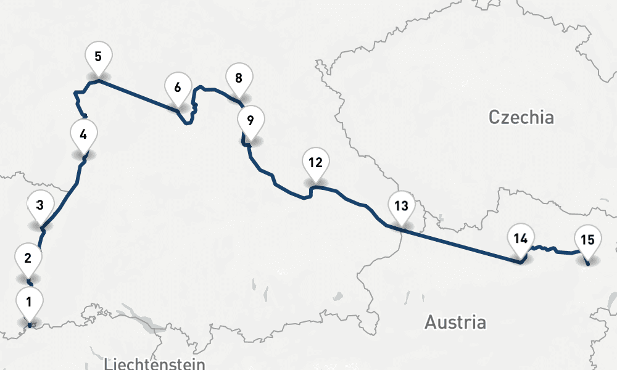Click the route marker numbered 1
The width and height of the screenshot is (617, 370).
click(28, 303)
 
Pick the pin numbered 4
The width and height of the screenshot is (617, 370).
click(84, 133)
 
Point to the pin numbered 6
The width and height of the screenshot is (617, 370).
click(178, 88)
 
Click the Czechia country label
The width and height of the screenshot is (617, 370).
click(521, 117)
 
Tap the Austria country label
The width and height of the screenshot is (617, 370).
click(455, 322)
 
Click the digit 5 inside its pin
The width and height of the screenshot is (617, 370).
click(99, 57)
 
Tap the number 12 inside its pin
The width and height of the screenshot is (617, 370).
click(315, 163)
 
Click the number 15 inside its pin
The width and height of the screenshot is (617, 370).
click(587, 239)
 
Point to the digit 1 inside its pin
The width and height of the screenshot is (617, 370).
click(28, 302)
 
